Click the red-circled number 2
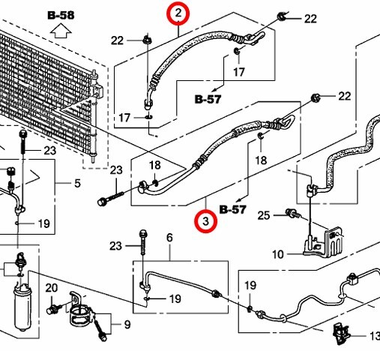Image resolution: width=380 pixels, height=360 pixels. click(x=178, y=13)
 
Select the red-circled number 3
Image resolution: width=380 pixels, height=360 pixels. click(x=205, y=221)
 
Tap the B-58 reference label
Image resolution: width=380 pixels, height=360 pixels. click(x=61, y=15)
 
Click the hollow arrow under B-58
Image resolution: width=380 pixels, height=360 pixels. click(x=61, y=31)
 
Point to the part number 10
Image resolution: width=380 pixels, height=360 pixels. click(x=278, y=254)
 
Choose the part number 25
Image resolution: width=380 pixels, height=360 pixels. click(x=264, y=215)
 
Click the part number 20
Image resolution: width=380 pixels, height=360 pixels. click(x=52, y=288)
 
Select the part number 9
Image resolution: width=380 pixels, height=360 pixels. click(x=127, y=325)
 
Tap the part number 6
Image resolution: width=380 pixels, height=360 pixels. click(x=169, y=238)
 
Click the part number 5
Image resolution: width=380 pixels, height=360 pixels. click(x=77, y=183)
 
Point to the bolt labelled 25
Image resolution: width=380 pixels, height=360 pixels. click(x=293, y=213)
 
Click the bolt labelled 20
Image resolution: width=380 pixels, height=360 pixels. click(x=52, y=309)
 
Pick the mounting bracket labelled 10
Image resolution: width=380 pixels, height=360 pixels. click(x=322, y=242)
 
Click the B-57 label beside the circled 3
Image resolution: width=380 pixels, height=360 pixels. click(x=233, y=209)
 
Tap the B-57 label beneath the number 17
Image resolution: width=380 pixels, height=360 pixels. click(x=208, y=99)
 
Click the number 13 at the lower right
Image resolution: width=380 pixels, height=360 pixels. click(x=375, y=336)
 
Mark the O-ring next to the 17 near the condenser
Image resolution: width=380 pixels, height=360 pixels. click(x=149, y=117)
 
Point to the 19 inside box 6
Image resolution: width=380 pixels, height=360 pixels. click(x=175, y=298)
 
